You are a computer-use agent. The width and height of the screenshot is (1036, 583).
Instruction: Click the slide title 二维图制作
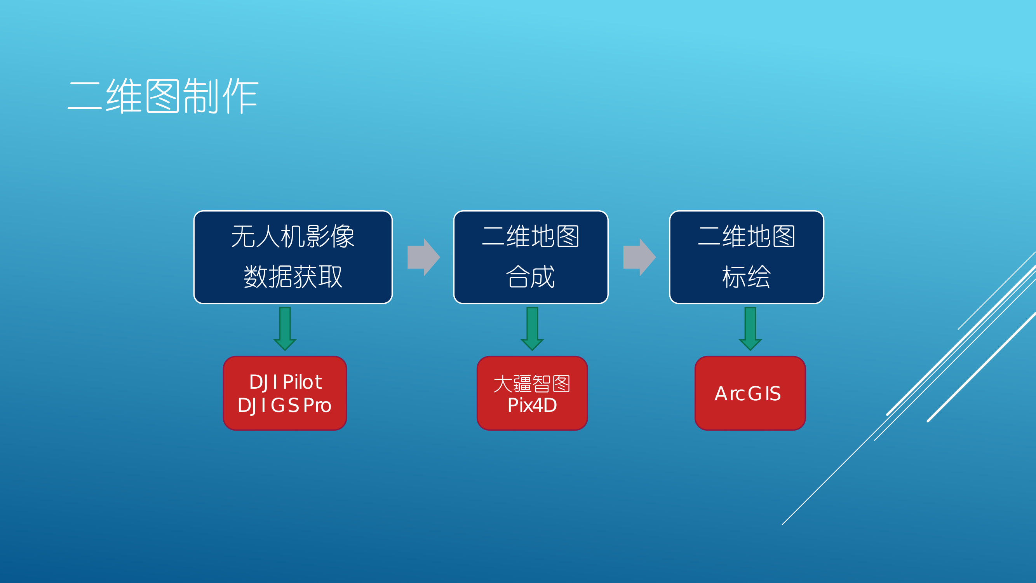163,96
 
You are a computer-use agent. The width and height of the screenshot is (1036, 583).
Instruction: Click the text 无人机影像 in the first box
293,236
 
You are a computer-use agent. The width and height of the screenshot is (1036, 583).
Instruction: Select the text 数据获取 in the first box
293,277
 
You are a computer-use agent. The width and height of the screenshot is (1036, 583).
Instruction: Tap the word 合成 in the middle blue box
531,277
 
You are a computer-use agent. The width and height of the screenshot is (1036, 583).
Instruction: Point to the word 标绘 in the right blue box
746,277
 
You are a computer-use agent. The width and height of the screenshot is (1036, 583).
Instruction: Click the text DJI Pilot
285,382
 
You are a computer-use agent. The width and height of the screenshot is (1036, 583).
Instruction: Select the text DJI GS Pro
284,405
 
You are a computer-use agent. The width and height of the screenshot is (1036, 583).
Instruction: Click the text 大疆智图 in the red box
532,384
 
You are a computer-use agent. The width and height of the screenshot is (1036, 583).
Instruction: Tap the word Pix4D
532,405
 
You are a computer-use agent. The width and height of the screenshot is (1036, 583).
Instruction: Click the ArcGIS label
748,394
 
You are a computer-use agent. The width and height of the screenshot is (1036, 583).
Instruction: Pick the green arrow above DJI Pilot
285,328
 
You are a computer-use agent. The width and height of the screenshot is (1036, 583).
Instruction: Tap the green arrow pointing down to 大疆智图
532,328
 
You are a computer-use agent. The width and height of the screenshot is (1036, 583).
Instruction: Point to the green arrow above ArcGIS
750,328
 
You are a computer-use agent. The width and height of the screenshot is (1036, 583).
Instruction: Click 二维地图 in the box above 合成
531,236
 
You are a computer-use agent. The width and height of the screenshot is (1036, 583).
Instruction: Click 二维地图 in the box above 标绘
746,236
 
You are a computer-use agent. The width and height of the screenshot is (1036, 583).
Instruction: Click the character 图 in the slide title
162,96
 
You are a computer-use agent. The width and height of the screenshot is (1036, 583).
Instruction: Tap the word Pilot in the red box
303,382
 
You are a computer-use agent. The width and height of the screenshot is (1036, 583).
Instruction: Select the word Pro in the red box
317,405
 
